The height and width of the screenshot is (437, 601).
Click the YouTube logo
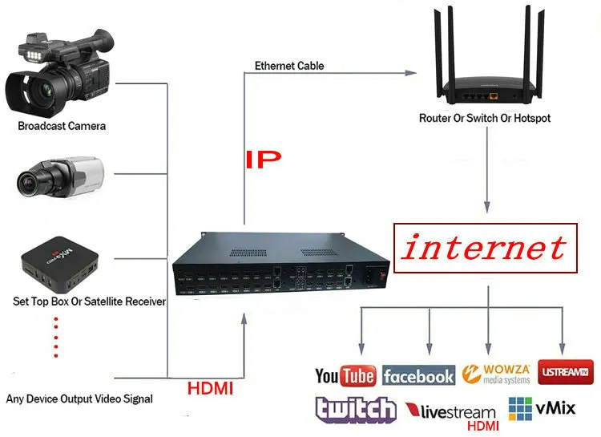(345, 375)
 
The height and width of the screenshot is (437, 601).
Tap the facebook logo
(418, 375)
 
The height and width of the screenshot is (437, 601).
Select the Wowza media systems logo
(496, 374)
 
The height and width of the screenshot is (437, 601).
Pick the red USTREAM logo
(566, 373)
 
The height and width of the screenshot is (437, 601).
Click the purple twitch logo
(356, 410)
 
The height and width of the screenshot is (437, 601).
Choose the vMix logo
(543, 408)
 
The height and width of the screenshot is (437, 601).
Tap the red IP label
(263, 159)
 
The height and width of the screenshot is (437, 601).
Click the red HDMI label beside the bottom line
(210, 389)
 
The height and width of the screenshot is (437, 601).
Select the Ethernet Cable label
(289, 66)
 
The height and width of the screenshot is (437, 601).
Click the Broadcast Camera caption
(62, 126)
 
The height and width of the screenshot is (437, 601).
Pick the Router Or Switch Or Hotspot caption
(485, 119)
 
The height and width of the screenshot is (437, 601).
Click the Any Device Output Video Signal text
(79, 399)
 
